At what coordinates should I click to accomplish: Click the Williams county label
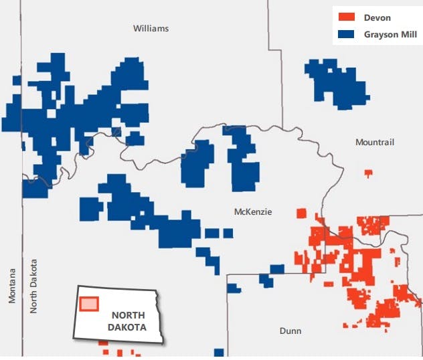(x=151, y=28)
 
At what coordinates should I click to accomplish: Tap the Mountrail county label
(x=375, y=142)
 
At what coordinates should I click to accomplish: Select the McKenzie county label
(x=253, y=212)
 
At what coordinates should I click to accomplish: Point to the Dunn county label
(x=290, y=331)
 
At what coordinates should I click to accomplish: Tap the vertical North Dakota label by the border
(x=33, y=286)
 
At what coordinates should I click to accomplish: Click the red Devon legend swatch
(x=346, y=17)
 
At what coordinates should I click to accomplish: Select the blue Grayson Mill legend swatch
(x=346, y=32)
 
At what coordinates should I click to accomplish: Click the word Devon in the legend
(x=376, y=17)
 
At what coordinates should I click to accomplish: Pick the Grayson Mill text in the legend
(x=390, y=32)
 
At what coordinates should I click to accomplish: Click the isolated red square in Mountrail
(x=368, y=173)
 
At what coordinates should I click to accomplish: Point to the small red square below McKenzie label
(x=301, y=213)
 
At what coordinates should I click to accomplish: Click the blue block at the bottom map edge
(x=219, y=353)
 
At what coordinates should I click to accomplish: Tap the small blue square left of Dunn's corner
(x=233, y=288)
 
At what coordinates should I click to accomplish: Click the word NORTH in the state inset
(x=128, y=315)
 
